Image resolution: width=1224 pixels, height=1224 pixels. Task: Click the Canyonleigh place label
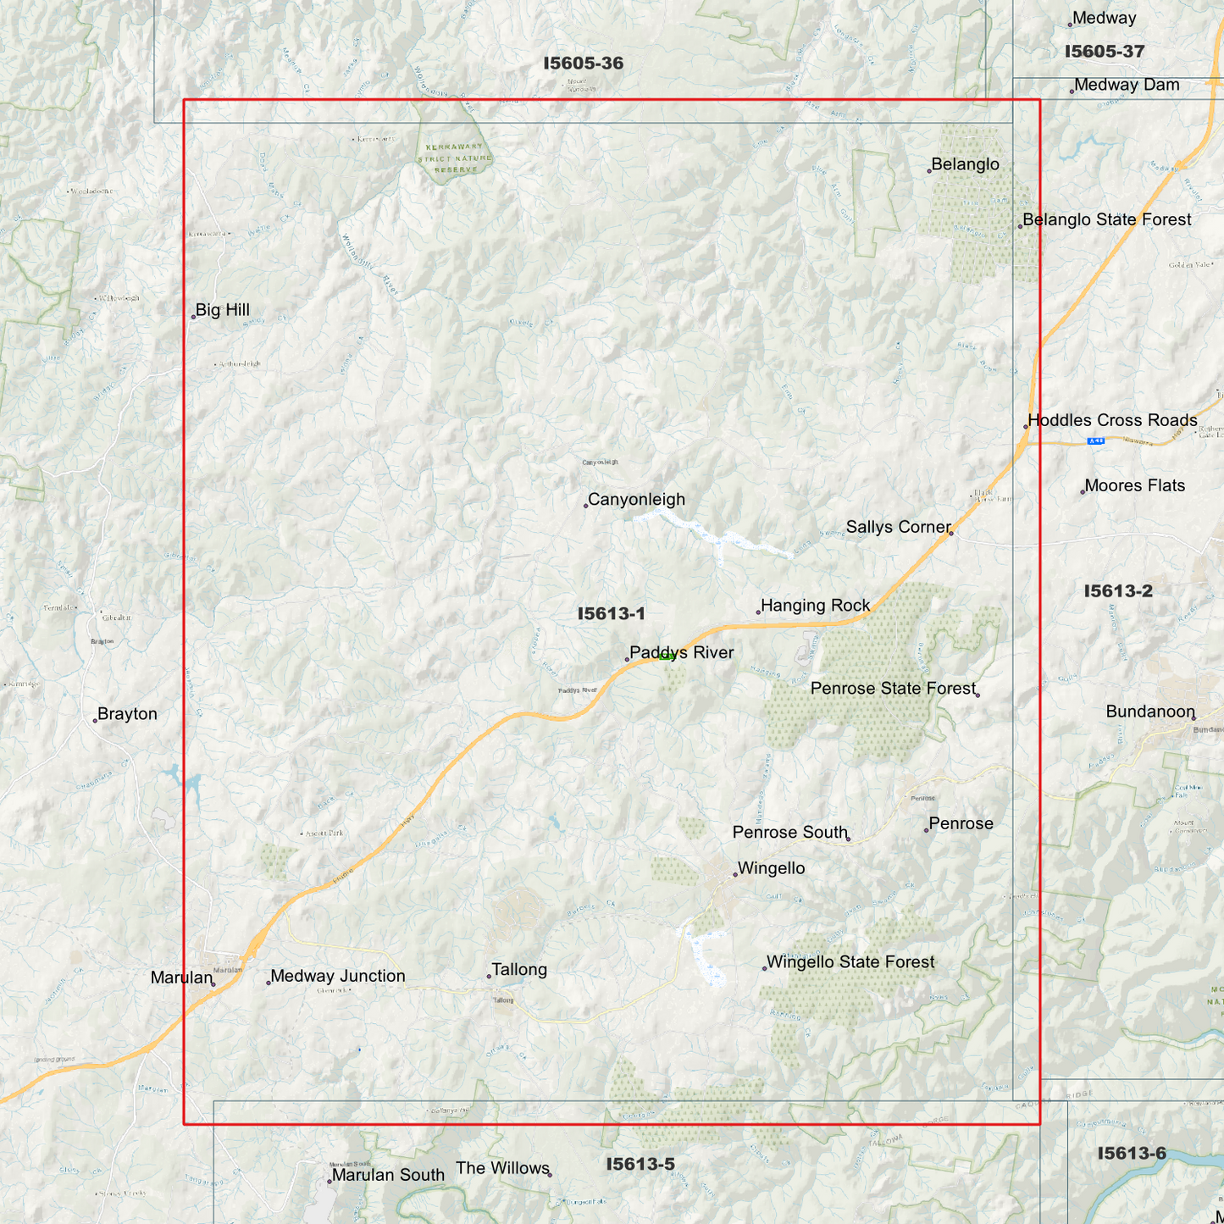636,500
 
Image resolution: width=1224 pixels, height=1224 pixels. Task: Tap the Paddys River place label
681,652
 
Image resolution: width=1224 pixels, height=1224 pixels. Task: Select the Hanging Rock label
815,606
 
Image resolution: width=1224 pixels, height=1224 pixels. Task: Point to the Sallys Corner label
898,527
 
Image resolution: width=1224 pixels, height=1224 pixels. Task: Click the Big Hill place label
222,310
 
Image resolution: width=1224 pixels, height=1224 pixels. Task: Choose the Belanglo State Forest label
1106,219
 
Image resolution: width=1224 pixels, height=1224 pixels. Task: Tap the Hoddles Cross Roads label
1112,420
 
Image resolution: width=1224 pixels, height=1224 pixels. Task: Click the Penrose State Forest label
893,689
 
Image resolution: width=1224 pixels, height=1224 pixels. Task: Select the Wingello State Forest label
850,962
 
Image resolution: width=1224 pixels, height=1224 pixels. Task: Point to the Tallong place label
519,970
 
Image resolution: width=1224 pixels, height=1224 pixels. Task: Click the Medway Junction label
337,976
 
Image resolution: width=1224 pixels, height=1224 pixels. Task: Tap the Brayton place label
127,714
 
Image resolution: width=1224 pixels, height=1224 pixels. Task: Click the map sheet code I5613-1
611,614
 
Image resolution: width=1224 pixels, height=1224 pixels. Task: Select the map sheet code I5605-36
583,64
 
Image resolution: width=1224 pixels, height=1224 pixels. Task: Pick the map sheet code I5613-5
640,1165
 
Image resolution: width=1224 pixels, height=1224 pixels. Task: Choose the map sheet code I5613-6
1132,1154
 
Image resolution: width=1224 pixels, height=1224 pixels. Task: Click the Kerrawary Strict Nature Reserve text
455,158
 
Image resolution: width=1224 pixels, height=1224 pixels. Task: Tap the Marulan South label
387,1175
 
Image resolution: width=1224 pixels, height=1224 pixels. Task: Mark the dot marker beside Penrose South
849,839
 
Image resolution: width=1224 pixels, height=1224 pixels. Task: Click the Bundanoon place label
1149,712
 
